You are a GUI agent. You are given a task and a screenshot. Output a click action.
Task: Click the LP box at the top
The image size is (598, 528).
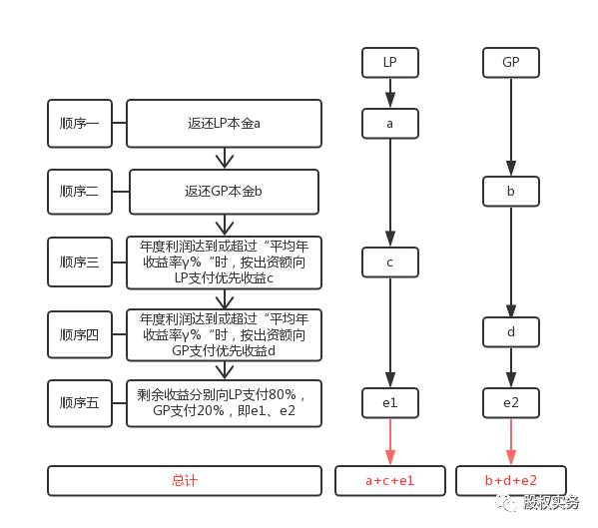(389, 63)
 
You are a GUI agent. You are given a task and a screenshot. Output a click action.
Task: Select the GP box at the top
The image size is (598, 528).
(511, 63)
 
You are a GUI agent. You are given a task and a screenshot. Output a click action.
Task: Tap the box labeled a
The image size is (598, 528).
(389, 124)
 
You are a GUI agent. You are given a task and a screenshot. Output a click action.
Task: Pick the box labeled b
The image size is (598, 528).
(511, 191)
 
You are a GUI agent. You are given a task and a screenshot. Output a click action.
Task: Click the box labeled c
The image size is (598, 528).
(389, 263)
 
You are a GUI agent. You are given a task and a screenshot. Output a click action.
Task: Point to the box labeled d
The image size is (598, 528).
(511, 332)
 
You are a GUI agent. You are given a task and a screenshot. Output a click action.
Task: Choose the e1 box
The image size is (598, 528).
(389, 403)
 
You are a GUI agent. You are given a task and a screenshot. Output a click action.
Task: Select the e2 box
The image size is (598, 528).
(511, 403)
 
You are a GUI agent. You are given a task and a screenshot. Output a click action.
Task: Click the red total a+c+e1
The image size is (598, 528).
(389, 481)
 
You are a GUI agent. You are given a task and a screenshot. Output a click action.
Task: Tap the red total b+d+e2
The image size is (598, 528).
(511, 481)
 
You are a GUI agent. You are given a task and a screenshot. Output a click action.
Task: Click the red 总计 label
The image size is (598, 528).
(185, 480)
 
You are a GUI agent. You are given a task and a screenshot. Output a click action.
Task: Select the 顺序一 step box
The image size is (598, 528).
(80, 124)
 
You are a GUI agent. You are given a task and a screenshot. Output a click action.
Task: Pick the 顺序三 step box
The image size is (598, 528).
(80, 263)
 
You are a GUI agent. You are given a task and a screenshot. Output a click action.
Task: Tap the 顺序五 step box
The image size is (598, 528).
(80, 403)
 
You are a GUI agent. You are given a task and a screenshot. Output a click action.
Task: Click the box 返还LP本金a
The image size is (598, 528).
(224, 124)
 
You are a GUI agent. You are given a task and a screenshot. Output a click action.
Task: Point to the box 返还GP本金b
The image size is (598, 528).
(224, 192)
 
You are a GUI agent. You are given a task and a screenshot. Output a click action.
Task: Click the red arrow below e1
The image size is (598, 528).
(390, 441)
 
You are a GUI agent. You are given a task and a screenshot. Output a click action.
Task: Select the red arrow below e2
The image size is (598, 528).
(511, 441)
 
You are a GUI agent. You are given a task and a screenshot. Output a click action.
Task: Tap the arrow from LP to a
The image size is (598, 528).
(390, 93)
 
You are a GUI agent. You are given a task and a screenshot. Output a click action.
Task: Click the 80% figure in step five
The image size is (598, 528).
(283, 395)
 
